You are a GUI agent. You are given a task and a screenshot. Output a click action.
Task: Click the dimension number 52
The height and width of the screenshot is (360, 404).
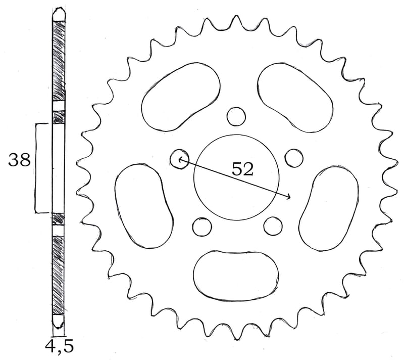[242, 169]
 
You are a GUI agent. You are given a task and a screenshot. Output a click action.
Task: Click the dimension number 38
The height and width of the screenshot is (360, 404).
[19, 160]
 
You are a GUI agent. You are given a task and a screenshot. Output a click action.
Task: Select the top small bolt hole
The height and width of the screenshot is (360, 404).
[235, 116]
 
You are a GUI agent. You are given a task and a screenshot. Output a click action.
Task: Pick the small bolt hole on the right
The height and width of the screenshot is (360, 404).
[293, 157]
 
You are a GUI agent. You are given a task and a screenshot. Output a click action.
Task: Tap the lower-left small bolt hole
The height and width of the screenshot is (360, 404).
[202, 227]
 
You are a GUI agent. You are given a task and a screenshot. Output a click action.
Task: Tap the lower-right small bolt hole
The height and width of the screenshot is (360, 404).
[273, 226]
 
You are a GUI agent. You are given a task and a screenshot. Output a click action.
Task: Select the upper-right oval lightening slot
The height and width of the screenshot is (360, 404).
[295, 96]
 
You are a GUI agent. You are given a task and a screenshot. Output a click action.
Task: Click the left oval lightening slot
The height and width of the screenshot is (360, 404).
[143, 205]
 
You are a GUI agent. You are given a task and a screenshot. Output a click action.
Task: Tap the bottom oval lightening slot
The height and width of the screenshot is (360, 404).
[236, 275]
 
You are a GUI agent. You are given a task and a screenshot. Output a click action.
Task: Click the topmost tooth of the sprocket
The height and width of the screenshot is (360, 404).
[235, 20]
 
